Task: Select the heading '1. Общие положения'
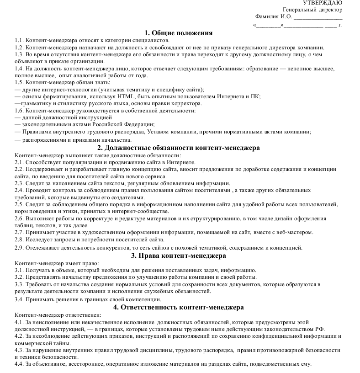[x=178, y=33]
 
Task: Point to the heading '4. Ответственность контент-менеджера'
[x=178, y=307]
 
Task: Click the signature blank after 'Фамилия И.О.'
[x=318, y=17]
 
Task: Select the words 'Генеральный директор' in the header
[x=312, y=10]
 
